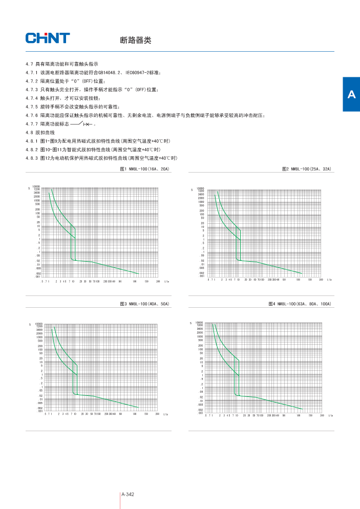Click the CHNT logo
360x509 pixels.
[48, 38]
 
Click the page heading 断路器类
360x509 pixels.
[135, 40]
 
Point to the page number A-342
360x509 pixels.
[128, 494]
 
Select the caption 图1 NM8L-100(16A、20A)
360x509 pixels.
[144, 168]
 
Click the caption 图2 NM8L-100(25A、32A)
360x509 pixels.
[307, 168]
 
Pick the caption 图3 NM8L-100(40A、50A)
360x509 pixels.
[144, 304]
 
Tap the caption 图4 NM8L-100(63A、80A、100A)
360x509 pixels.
[300, 304]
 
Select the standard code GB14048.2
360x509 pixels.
[102, 73]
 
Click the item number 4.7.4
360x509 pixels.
[32, 98]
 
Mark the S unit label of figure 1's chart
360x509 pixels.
[29, 188]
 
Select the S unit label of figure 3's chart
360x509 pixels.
[29, 324]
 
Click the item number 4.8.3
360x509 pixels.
[32, 158]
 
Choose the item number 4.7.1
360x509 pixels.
[32, 73]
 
